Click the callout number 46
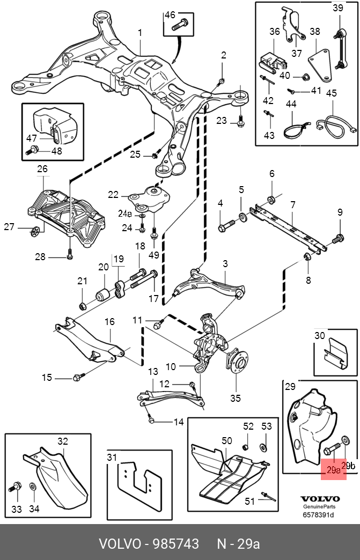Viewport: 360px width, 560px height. tap(170, 15)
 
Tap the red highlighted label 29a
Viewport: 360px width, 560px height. tap(334, 470)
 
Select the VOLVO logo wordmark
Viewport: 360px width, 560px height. tap(320, 499)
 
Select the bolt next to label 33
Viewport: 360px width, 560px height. tap(15, 488)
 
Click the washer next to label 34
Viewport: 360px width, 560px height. tap(32, 488)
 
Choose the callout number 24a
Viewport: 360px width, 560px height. tap(125, 213)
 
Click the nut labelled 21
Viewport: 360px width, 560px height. tap(83, 306)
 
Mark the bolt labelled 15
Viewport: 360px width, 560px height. tap(77, 378)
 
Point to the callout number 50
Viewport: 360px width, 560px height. tap(227, 440)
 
